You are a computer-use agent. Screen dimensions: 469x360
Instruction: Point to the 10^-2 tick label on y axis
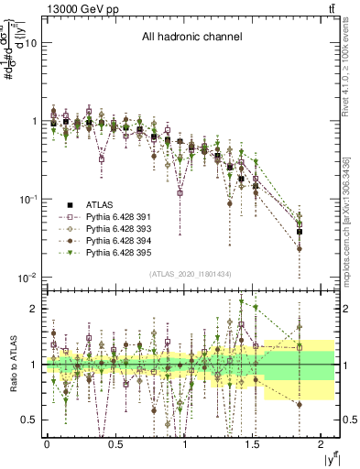click(x=26, y=277)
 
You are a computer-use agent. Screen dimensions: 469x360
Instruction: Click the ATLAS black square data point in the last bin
click(x=300, y=232)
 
